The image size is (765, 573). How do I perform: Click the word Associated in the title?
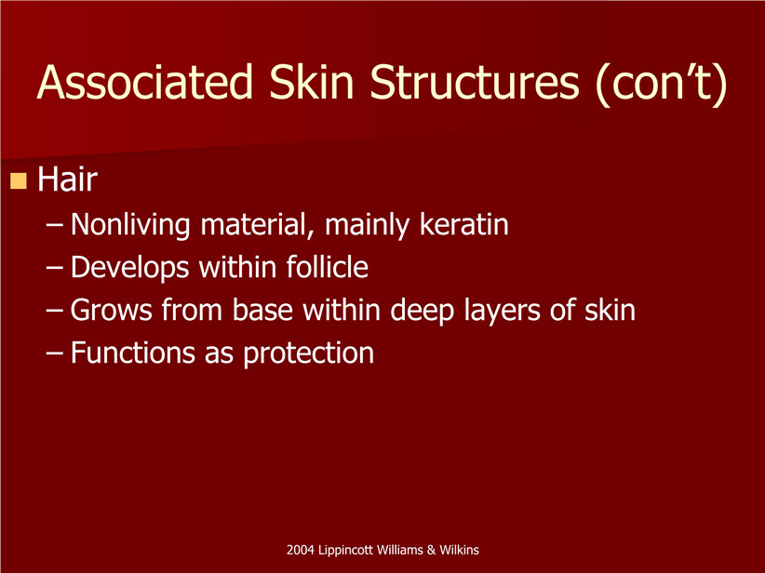[145, 82]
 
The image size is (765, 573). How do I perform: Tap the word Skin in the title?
[311, 82]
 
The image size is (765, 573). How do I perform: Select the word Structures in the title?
[475, 82]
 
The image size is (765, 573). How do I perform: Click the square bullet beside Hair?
[19, 180]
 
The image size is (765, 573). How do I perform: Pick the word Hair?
[67, 180]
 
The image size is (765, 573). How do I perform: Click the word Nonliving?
[130, 225]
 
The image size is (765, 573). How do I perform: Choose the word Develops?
[129, 268]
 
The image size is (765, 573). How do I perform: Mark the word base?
[262, 310]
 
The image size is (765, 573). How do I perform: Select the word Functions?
[133, 353]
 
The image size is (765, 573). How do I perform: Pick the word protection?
[308, 353]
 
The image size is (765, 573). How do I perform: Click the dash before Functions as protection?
[54, 353]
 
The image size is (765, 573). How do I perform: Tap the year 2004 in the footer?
[300, 550]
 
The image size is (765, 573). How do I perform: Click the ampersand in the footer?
[431, 550]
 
